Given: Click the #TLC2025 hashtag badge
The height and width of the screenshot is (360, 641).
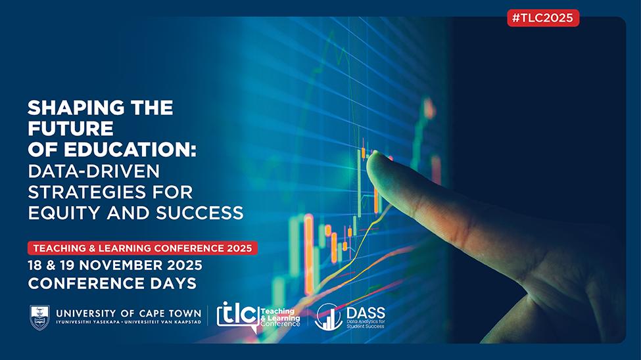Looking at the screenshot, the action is [543, 18].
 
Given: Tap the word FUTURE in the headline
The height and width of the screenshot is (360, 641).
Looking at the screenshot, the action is [70, 129].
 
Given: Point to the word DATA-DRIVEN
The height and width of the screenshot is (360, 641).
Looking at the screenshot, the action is [93, 171].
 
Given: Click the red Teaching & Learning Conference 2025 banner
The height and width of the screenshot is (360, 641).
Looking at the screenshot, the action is [143, 248].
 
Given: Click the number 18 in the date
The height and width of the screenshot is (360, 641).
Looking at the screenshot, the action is [35, 265].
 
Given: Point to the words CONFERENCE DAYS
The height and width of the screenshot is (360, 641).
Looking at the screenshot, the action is [112, 284].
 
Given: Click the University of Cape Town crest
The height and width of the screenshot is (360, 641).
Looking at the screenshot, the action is [39, 317].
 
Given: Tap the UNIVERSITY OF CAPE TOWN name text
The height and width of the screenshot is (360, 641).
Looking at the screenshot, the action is [128, 313].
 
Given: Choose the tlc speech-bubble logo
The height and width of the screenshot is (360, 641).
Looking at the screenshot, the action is [239, 317].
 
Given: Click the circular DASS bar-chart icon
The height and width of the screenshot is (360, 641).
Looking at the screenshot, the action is [328, 317].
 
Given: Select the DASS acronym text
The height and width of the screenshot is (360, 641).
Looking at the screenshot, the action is [366, 313].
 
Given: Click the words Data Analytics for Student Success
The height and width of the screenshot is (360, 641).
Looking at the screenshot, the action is [366, 325].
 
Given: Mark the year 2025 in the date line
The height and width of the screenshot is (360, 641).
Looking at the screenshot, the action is [184, 265].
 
